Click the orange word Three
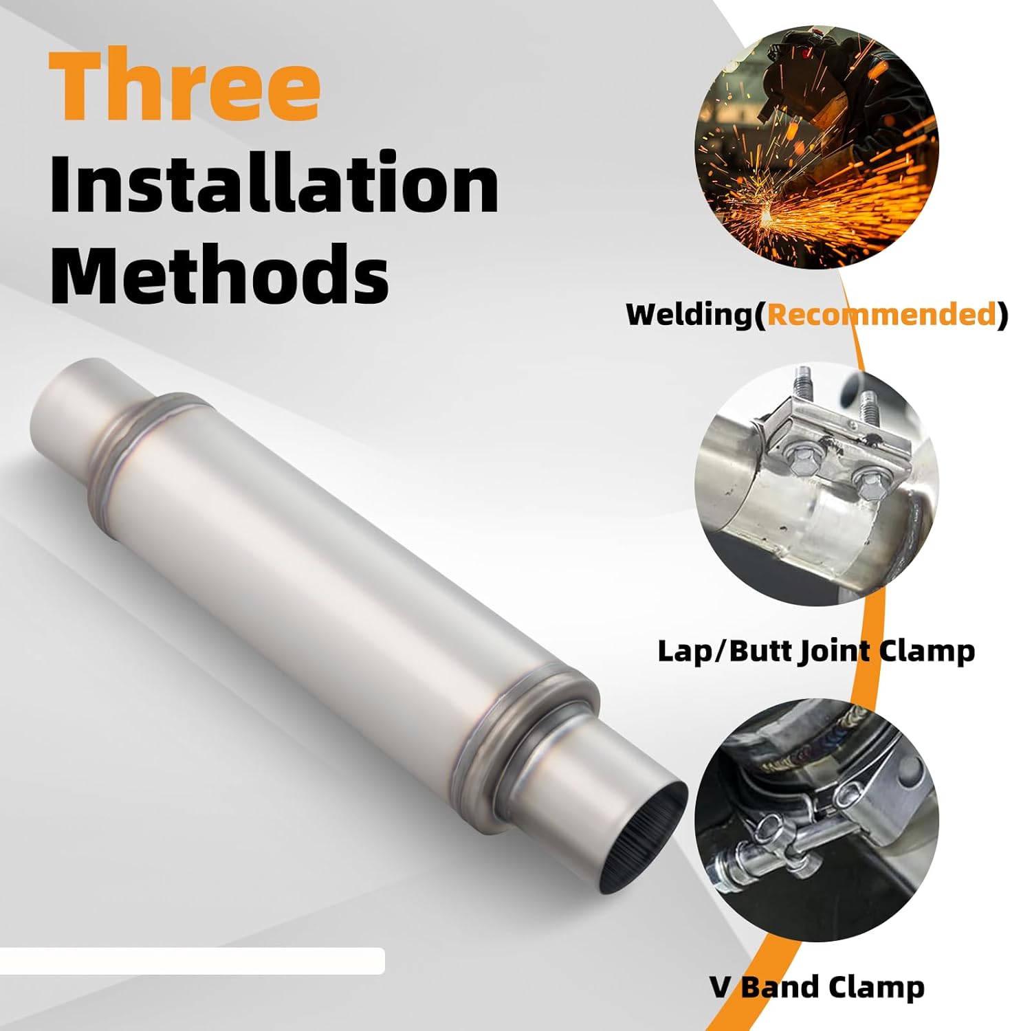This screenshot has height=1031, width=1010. point(184,85)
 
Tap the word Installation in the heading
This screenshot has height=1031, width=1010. point(274,184)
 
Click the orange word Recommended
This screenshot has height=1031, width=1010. point(882,314)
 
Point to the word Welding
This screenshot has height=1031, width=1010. point(690,314)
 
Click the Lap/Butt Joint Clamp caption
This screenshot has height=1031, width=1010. point(816,650)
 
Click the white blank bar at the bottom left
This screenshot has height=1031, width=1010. point(193,960)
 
